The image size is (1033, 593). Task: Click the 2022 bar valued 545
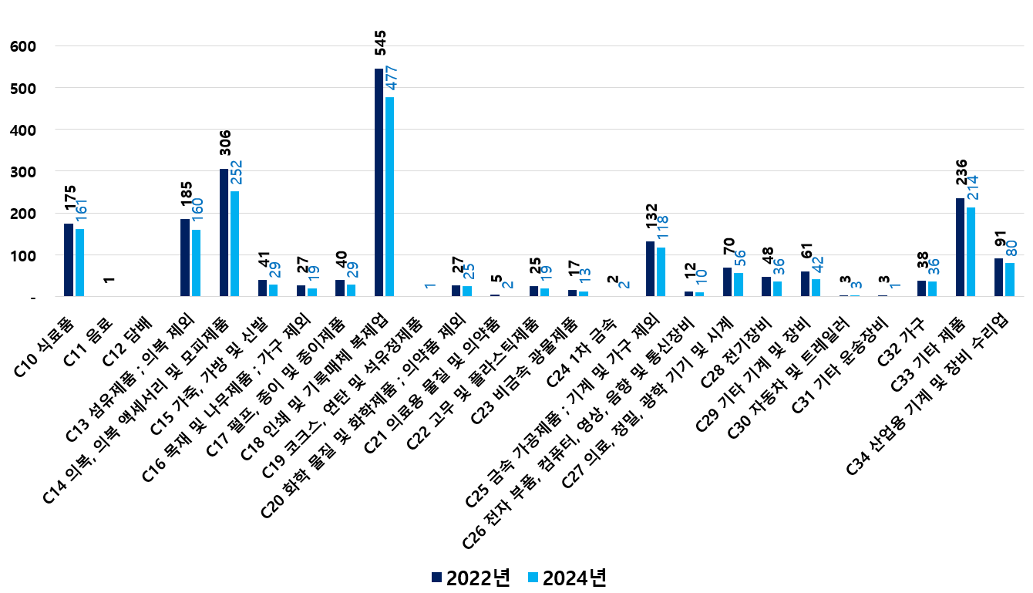point(379,182)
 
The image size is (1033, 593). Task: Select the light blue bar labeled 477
point(390,197)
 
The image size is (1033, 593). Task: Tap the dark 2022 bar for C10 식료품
point(69,260)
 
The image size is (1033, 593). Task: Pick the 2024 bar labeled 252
point(235,244)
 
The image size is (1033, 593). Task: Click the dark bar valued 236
point(960,247)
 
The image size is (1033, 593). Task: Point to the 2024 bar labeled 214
point(971,251)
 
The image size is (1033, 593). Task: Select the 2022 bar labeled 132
point(650,268)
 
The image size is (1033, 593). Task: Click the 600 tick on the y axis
point(22,47)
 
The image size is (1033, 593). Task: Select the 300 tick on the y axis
point(22,172)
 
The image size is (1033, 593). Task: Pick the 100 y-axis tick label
point(22,255)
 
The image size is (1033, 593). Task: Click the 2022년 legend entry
point(471,578)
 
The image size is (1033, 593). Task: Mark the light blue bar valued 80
point(1010,279)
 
